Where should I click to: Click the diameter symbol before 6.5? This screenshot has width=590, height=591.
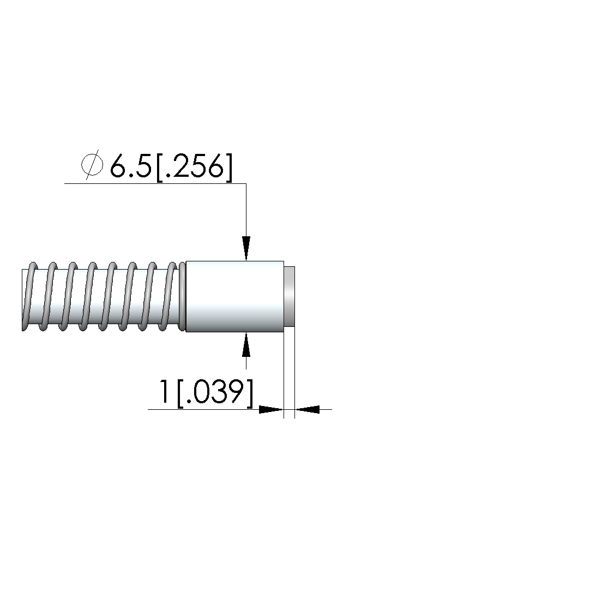click(x=92, y=165)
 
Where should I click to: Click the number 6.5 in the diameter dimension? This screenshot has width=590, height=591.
click(x=130, y=166)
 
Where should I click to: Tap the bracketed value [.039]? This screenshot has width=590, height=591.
click(x=215, y=393)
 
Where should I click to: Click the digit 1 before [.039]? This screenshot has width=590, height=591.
click(x=164, y=391)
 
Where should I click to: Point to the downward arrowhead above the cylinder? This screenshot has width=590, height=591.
click(x=246, y=248)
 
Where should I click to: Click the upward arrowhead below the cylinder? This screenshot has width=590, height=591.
click(x=246, y=344)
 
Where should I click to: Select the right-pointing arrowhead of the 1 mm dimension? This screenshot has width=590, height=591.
click(x=271, y=409)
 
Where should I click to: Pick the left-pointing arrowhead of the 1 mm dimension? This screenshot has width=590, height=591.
click(x=307, y=409)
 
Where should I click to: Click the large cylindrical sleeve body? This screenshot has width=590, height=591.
click(x=234, y=296)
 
